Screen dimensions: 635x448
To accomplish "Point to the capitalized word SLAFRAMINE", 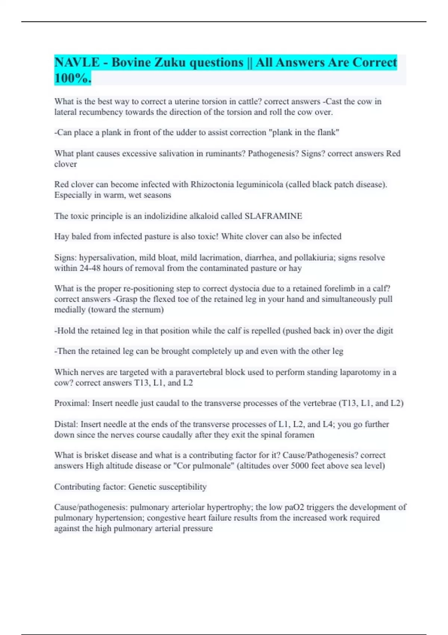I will tap(273, 216).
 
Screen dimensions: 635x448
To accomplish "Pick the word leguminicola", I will tap(259, 184).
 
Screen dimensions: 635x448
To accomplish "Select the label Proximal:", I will tap(72, 403).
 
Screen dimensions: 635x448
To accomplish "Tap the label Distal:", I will tap(66, 424).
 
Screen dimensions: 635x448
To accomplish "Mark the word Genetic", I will tap(142, 487).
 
